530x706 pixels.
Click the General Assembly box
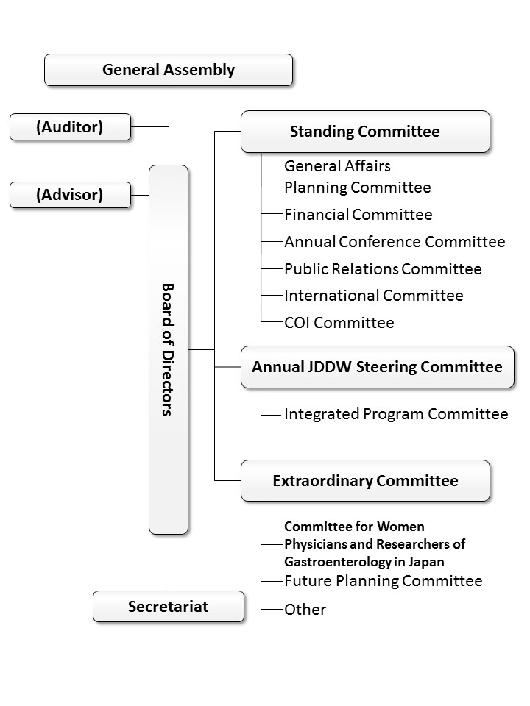169,70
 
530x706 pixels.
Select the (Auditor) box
71,127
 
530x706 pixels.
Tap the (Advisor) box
71,195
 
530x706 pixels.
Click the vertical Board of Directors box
169,350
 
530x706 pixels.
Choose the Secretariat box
169,607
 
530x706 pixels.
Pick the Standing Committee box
366,132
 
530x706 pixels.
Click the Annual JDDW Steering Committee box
378,367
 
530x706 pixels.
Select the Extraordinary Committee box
366,481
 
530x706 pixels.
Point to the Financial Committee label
358,215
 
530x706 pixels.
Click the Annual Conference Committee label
395,242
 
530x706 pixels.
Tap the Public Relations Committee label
383,269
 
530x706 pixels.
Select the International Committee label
374,296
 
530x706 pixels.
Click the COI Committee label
339,323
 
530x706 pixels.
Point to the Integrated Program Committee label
396,414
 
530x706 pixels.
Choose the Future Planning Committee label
383,581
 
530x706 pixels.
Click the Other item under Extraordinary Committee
305,610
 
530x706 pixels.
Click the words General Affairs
338,166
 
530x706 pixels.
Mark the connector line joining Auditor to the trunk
150,127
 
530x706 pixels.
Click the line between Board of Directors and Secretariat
169,563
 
